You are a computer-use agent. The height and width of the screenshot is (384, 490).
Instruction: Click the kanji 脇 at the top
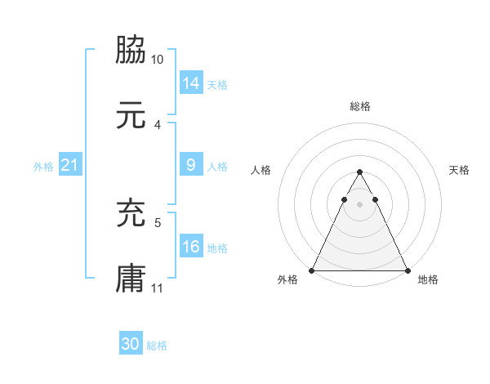(x=131, y=51)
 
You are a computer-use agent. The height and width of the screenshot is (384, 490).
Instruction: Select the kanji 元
(x=131, y=116)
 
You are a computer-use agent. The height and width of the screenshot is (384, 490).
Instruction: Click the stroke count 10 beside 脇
(x=158, y=60)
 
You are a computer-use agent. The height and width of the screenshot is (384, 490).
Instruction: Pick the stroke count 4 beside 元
(x=158, y=125)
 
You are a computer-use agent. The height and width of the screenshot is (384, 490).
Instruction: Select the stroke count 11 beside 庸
(x=158, y=288)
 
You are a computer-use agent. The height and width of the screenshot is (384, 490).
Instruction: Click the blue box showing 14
(x=191, y=83)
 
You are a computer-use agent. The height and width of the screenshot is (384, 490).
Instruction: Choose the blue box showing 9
(x=191, y=165)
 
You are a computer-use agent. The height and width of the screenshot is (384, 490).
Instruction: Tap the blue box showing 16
(x=191, y=247)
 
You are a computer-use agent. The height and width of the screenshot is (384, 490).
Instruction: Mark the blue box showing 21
(x=69, y=166)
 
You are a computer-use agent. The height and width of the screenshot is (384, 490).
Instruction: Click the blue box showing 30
(x=131, y=344)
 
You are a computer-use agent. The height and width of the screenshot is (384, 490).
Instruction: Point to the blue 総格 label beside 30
(x=157, y=346)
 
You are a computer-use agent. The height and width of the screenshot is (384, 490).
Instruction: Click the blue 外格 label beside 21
(x=43, y=167)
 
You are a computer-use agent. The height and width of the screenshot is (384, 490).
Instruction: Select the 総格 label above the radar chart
(x=359, y=106)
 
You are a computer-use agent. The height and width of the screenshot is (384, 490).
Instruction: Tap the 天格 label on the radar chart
(x=460, y=170)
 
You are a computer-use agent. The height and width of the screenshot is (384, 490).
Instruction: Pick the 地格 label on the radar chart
(x=428, y=279)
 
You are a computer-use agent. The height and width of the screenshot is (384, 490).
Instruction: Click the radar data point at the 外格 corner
(x=312, y=270)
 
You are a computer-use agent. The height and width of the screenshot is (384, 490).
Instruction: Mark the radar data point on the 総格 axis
(x=359, y=172)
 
